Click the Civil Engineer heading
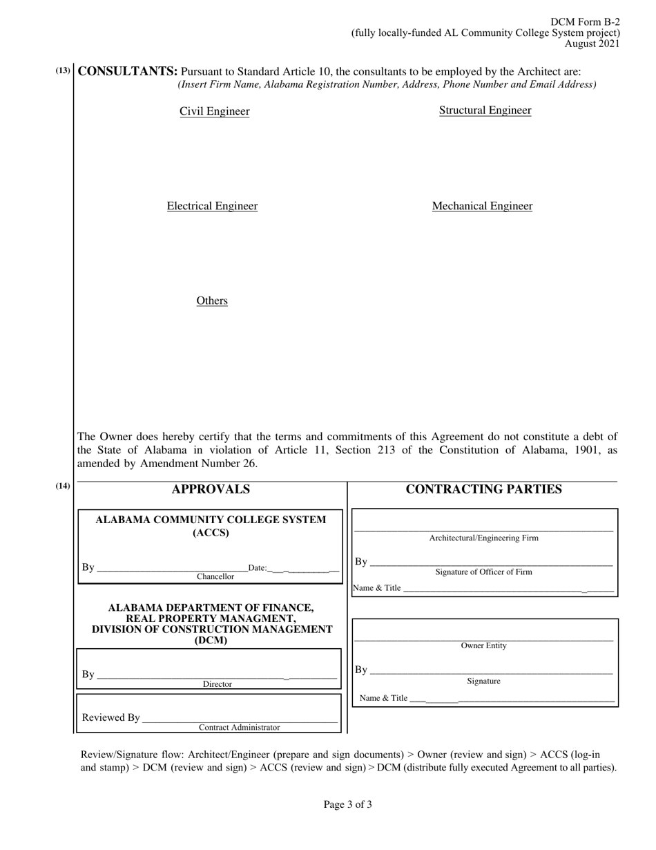[x=214, y=111]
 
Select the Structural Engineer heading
[x=485, y=111]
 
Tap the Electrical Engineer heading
[x=212, y=206]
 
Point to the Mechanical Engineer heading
[x=482, y=206]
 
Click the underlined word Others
[x=212, y=301]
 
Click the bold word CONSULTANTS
[x=128, y=71]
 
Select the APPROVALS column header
[x=211, y=490]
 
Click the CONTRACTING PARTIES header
[x=483, y=490]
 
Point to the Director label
[x=217, y=684]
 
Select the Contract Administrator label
[x=240, y=728]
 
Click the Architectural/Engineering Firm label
[x=483, y=538]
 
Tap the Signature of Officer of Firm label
[x=483, y=572]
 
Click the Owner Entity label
[x=483, y=646]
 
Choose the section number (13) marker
[x=63, y=70]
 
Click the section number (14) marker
[x=63, y=487]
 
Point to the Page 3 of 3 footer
[x=348, y=804]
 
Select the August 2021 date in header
[x=592, y=44]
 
